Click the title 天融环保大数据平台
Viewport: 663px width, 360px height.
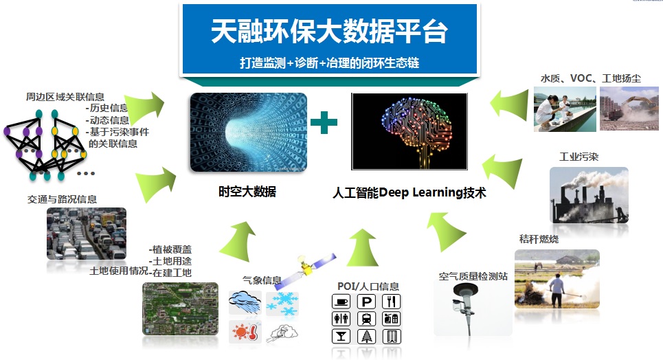coord(329,32)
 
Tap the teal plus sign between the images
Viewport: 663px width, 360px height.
coord(324,122)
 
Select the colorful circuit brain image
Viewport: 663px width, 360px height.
coord(409,131)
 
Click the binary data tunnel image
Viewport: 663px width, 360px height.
coord(249,133)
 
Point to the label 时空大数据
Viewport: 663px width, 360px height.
coord(247,192)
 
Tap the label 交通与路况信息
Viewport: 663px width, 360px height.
coord(62,199)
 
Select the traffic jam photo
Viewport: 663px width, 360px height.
coord(87,234)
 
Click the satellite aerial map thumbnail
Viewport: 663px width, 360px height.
coord(181,308)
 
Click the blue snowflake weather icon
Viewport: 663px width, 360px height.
coord(282,304)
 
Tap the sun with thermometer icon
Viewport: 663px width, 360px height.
coord(245,331)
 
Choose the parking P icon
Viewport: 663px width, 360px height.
coord(367,302)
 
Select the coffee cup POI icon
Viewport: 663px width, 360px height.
coord(341,302)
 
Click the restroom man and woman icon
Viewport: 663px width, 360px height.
coord(341,319)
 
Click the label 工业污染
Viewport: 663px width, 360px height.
coord(579,157)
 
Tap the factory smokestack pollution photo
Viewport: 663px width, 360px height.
coord(589,195)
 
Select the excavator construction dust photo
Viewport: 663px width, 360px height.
coord(629,109)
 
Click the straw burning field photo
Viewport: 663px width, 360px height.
coord(557,279)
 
